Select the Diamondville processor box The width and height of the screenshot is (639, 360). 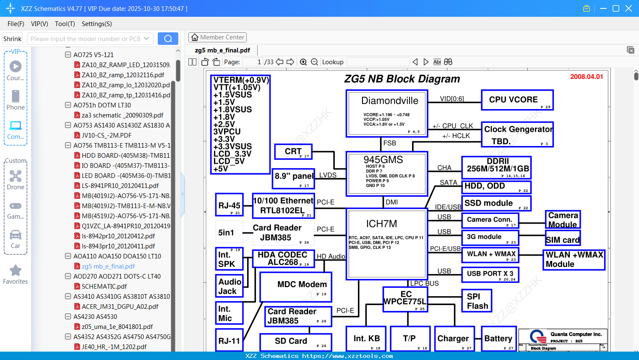(x=387, y=113)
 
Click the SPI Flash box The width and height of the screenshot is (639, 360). (x=477, y=301)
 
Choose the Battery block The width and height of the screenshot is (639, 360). (x=498, y=339)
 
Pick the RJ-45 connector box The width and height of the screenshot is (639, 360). (x=229, y=206)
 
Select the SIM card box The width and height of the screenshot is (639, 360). (x=563, y=240)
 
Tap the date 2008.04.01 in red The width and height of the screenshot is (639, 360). (x=586, y=77)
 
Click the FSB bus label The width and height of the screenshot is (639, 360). (x=389, y=143)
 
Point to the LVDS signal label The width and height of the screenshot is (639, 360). (x=328, y=175)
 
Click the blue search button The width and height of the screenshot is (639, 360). (x=168, y=39)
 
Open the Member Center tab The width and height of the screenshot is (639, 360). (x=217, y=37)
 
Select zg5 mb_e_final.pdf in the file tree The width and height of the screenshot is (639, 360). (x=108, y=266)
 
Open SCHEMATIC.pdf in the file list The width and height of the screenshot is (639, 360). (x=104, y=287)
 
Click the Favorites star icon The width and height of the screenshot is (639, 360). (x=16, y=271)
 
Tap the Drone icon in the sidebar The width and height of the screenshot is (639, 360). (x=16, y=176)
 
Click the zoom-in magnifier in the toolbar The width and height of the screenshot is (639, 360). (x=303, y=62)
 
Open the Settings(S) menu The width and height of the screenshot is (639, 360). (x=97, y=24)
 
